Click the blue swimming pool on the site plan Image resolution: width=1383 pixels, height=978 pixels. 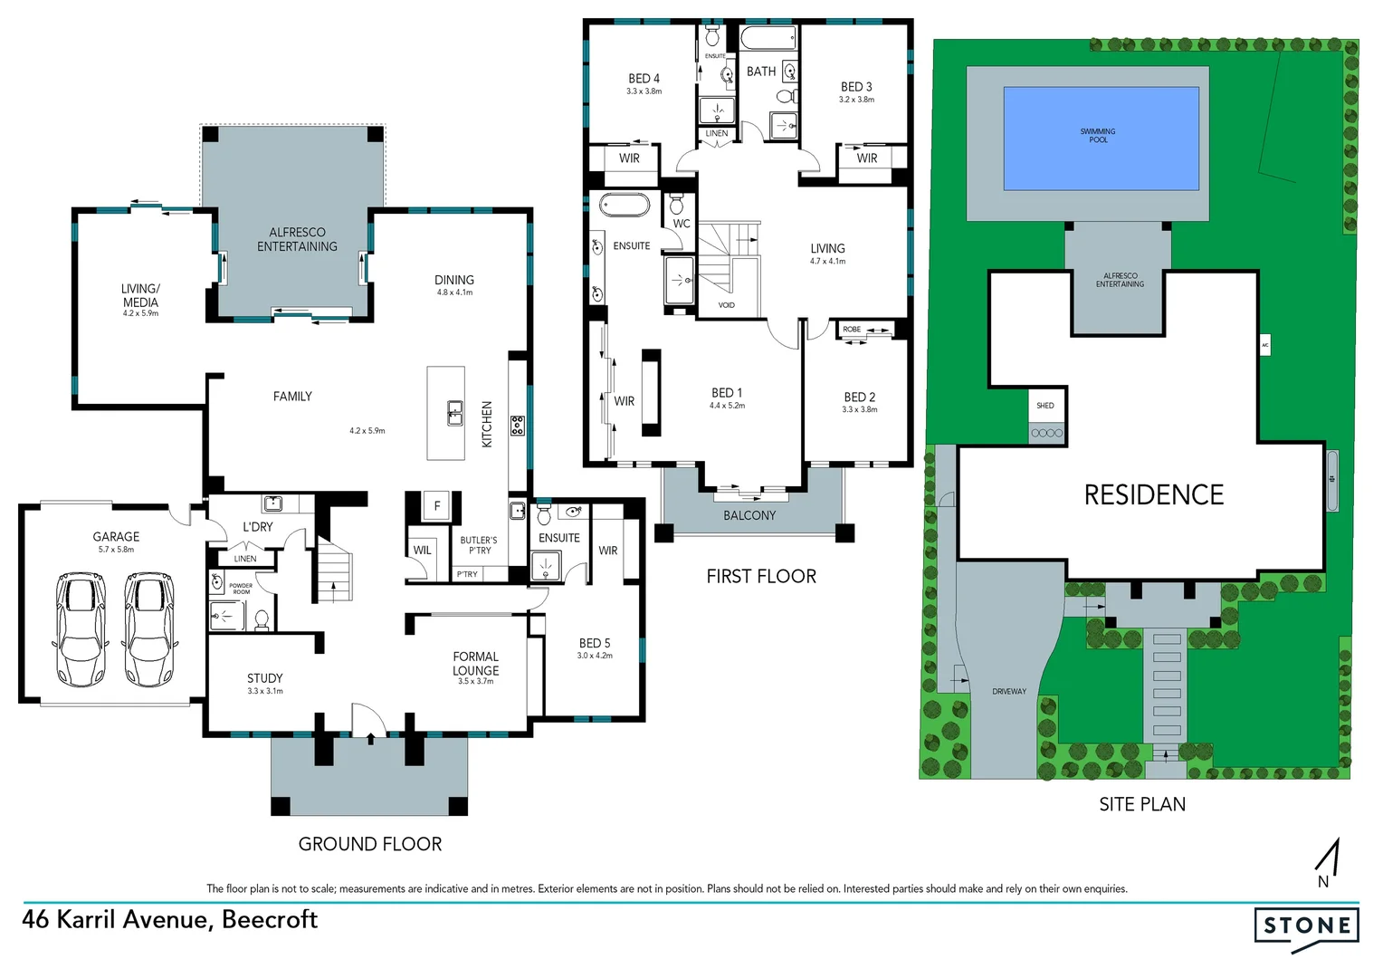pyautogui.click(x=1101, y=138)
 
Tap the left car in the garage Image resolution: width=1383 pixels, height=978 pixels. pyautogui.click(x=81, y=628)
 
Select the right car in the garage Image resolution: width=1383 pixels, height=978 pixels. pyautogui.click(x=148, y=628)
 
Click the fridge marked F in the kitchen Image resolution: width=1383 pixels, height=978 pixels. pyautogui.click(x=437, y=506)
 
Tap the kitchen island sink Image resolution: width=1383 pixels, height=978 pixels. pyautogui.click(x=455, y=413)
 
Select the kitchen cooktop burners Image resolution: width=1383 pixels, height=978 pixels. pyautogui.click(x=517, y=425)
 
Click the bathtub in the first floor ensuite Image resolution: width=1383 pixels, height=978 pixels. pyautogui.click(x=625, y=206)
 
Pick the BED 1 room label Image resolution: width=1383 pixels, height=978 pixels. pyautogui.click(x=727, y=393)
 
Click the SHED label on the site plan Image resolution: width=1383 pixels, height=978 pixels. pyautogui.click(x=1045, y=406)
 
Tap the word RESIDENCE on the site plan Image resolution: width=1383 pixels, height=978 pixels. pyautogui.click(x=1153, y=494)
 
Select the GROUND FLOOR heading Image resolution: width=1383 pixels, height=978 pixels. pyautogui.click(x=370, y=844)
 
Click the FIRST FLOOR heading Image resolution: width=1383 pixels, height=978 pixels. pyautogui.click(x=761, y=576)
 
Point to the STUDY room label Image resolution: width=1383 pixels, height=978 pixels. pyautogui.click(x=264, y=678)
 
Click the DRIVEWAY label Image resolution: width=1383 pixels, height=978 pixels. pyautogui.click(x=1008, y=691)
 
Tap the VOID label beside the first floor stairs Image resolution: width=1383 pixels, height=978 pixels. pyautogui.click(x=727, y=305)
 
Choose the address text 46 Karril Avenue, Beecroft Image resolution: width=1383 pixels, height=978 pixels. pyautogui.click(x=170, y=919)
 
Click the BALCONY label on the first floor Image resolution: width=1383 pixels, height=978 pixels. pyautogui.click(x=749, y=515)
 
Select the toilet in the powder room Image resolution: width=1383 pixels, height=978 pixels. pyautogui.click(x=262, y=619)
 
